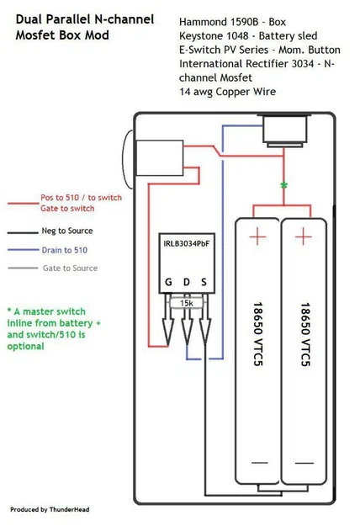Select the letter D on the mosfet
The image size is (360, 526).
[x=187, y=282]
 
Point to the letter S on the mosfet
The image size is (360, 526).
[x=204, y=282]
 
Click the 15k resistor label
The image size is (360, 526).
[x=187, y=302]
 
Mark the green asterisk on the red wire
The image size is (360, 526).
[x=283, y=184]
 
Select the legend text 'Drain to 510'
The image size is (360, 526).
[x=64, y=250]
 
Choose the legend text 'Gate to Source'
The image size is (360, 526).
[x=70, y=268]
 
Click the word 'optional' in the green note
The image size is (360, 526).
[x=28, y=345]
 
